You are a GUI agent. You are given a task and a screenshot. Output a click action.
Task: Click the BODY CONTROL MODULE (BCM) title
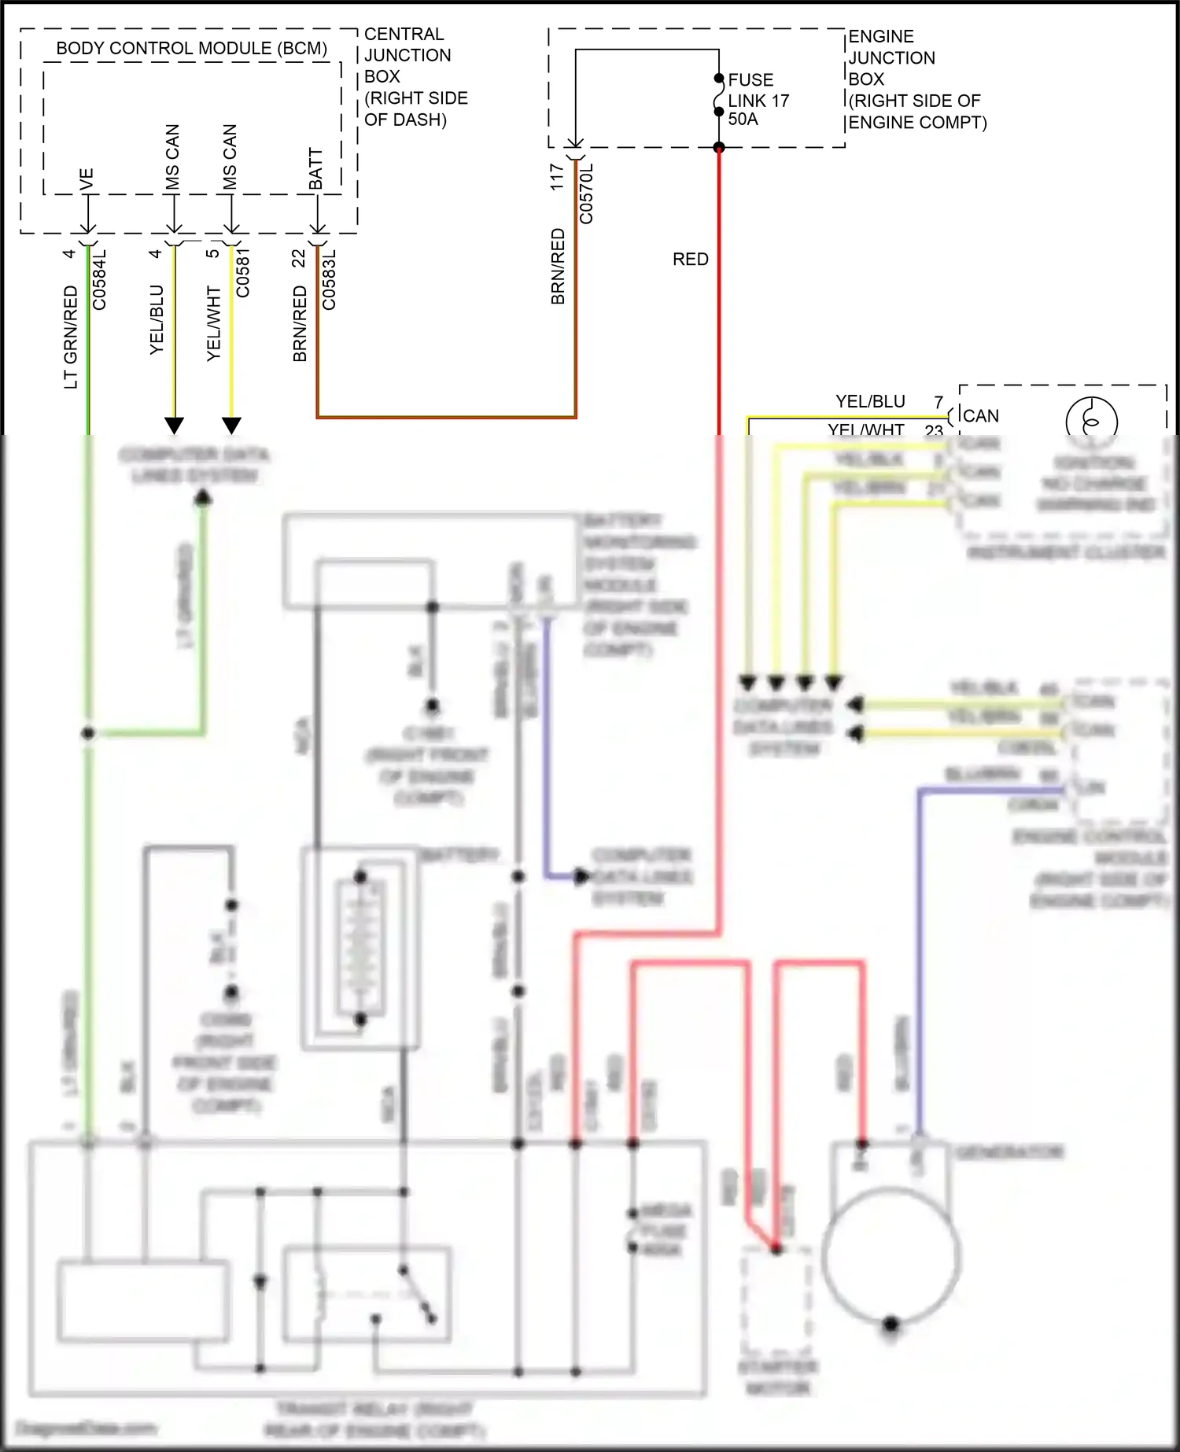pyautogui.click(x=191, y=48)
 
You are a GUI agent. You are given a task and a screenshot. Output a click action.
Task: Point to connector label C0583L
pyautogui.click(x=329, y=279)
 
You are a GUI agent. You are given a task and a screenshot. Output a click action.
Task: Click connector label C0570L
pyautogui.click(x=586, y=193)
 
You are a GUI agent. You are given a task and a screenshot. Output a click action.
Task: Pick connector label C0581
pyautogui.click(x=243, y=272)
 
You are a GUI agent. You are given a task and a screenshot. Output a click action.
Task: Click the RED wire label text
pyautogui.click(x=690, y=260)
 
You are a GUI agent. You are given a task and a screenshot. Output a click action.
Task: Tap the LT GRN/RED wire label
pyautogui.click(x=71, y=337)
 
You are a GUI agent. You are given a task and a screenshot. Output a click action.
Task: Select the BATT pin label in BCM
pyautogui.click(x=316, y=168)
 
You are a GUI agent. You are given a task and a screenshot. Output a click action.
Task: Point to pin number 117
pyautogui.click(x=557, y=177)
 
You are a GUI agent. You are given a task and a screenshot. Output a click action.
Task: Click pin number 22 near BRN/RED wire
pyautogui.click(x=299, y=258)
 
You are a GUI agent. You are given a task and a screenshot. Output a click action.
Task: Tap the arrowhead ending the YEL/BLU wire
pyautogui.click(x=174, y=426)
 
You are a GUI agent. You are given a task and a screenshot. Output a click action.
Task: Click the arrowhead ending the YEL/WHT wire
pyautogui.click(x=231, y=426)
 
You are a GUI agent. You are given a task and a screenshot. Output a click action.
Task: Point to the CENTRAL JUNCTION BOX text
pyautogui.click(x=407, y=55)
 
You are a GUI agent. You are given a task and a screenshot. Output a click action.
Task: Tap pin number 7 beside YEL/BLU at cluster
pyautogui.click(x=938, y=402)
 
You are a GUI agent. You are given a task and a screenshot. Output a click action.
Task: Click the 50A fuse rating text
pyautogui.click(x=743, y=120)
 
